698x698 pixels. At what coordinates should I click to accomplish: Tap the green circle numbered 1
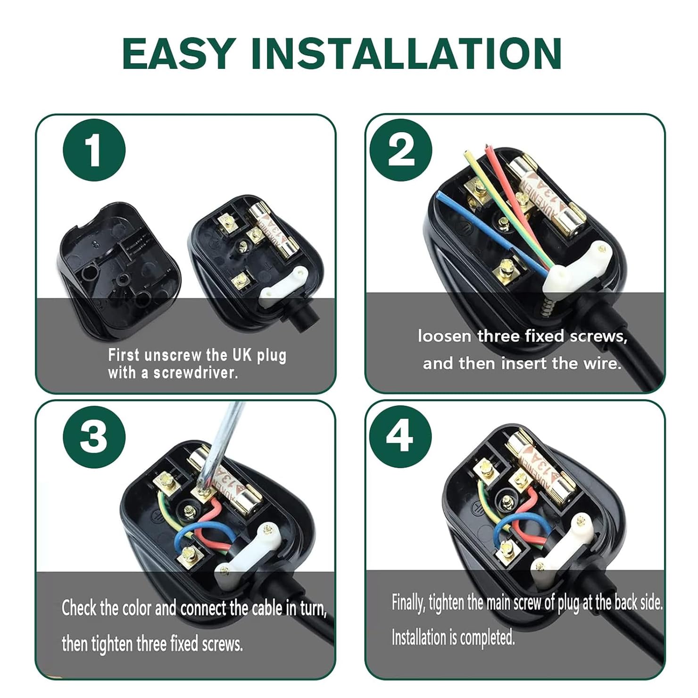tap(94, 150)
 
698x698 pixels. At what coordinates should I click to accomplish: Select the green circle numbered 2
tap(401, 150)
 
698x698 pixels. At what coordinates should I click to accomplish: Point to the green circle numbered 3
tap(94, 437)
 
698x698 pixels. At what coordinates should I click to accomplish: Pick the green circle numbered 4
tap(400, 437)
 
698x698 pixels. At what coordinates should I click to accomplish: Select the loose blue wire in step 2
tap(490, 231)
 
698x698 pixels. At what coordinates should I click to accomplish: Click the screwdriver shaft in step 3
tap(222, 448)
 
